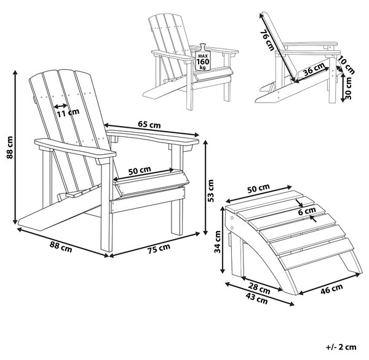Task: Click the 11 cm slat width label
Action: pyautogui.click(x=68, y=113)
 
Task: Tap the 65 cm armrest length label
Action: pyautogui.click(x=149, y=124)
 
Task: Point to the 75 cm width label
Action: pyautogui.click(x=159, y=248)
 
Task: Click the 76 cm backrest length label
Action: pyautogui.click(x=268, y=40)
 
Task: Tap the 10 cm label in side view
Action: pyautogui.click(x=346, y=66)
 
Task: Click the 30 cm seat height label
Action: pyautogui.click(x=349, y=88)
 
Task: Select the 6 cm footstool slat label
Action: pyautogui.click(x=307, y=211)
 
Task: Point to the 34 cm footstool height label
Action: pyautogui.click(x=218, y=241)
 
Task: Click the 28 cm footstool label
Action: pyautogui.click(x=259, y=289)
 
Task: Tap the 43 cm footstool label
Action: pyautogui.click(x=256, y=299)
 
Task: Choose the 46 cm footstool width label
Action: pyautogui.click(x=331, y=289)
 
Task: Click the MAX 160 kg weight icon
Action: pyautogui.click(x=202, y=57)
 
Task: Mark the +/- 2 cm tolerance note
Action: pyautogui.click(x=341, y=347)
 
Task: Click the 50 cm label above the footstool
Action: pyautogui.click(x=258, y=189)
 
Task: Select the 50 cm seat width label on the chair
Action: pyautogui.click(x=140, y=170)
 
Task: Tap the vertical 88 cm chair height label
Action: pyautogui.click(x=10, y=147)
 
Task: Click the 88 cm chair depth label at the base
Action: pyautogui.click(x=61, y=247)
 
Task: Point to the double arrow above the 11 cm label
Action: pyautogui.click(x=61, y=106)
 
